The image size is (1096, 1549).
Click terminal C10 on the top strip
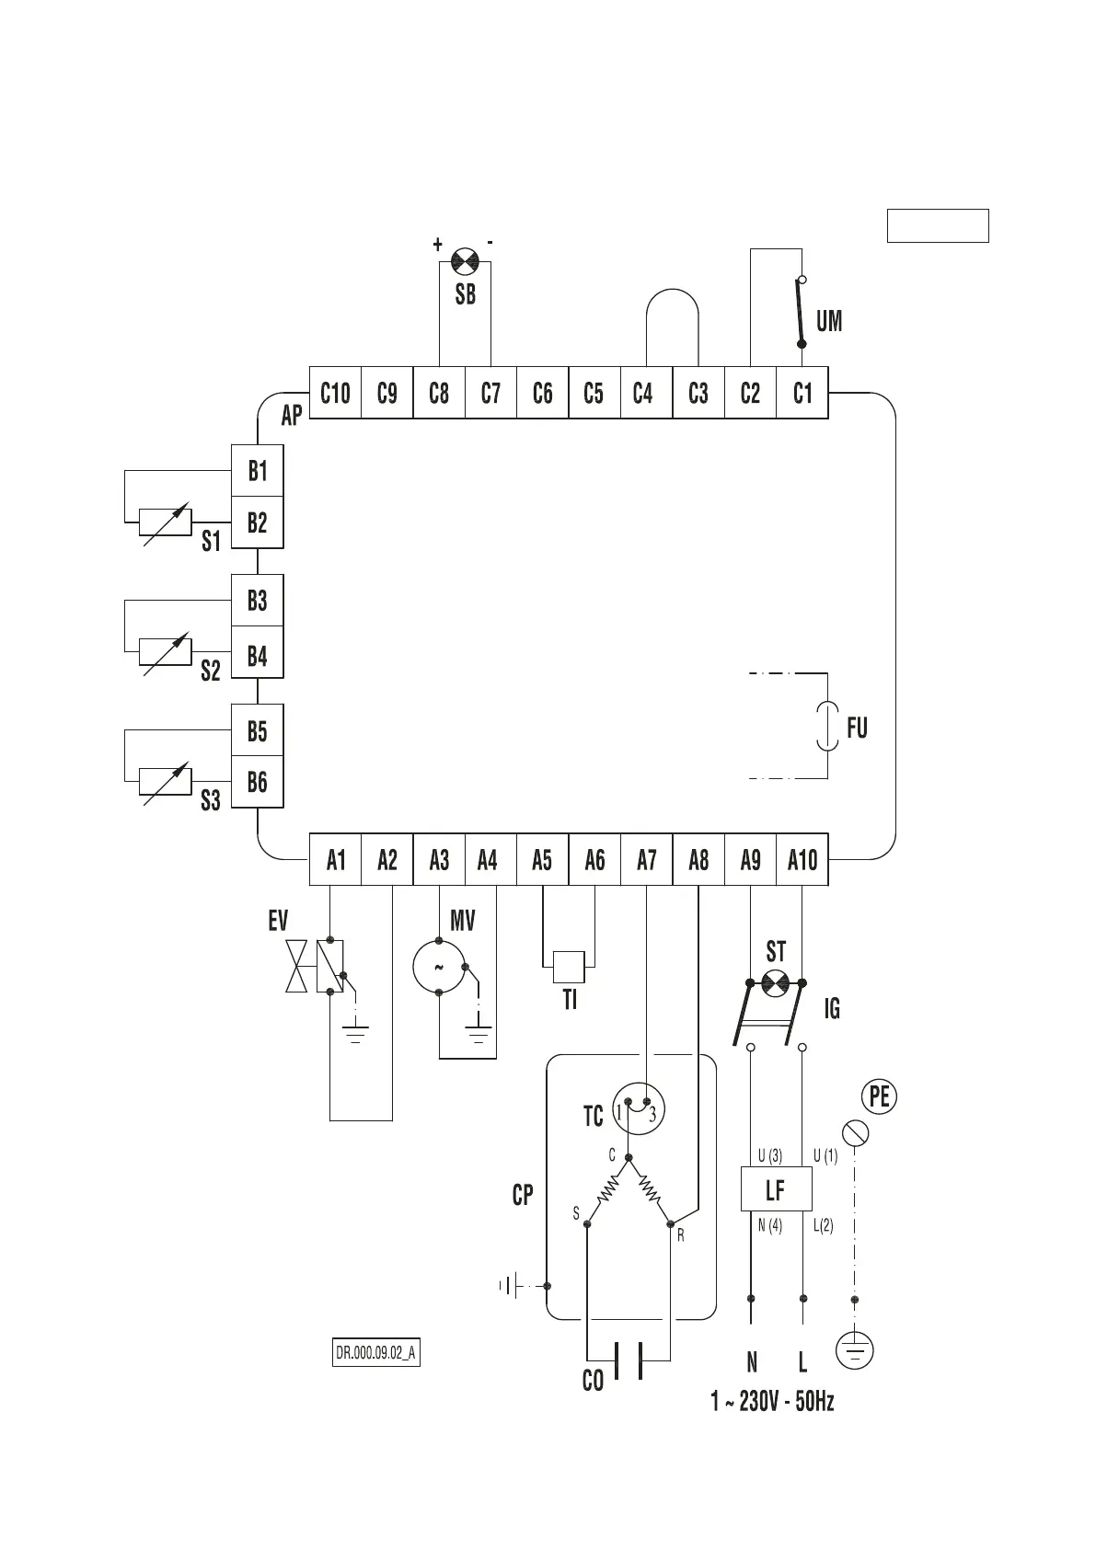point(335,394)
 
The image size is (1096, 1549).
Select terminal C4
point(643,394)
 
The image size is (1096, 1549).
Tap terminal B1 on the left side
point(257,471)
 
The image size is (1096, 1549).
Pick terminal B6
point(257,783)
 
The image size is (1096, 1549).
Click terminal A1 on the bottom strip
point(336,861)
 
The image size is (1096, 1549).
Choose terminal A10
point(802,861)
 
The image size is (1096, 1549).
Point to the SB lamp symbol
point(466,261)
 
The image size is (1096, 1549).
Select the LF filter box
point(776,1189)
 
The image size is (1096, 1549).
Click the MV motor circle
point(439,968)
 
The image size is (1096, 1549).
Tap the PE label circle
point(879,1096)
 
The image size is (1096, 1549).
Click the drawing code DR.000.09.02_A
point(375,1354)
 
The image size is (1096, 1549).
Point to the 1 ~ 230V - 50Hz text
point(772,1402)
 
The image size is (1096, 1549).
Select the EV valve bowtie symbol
point(296,967)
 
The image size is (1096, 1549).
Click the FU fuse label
point(857,729)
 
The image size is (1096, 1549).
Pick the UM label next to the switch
point(829,321)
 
